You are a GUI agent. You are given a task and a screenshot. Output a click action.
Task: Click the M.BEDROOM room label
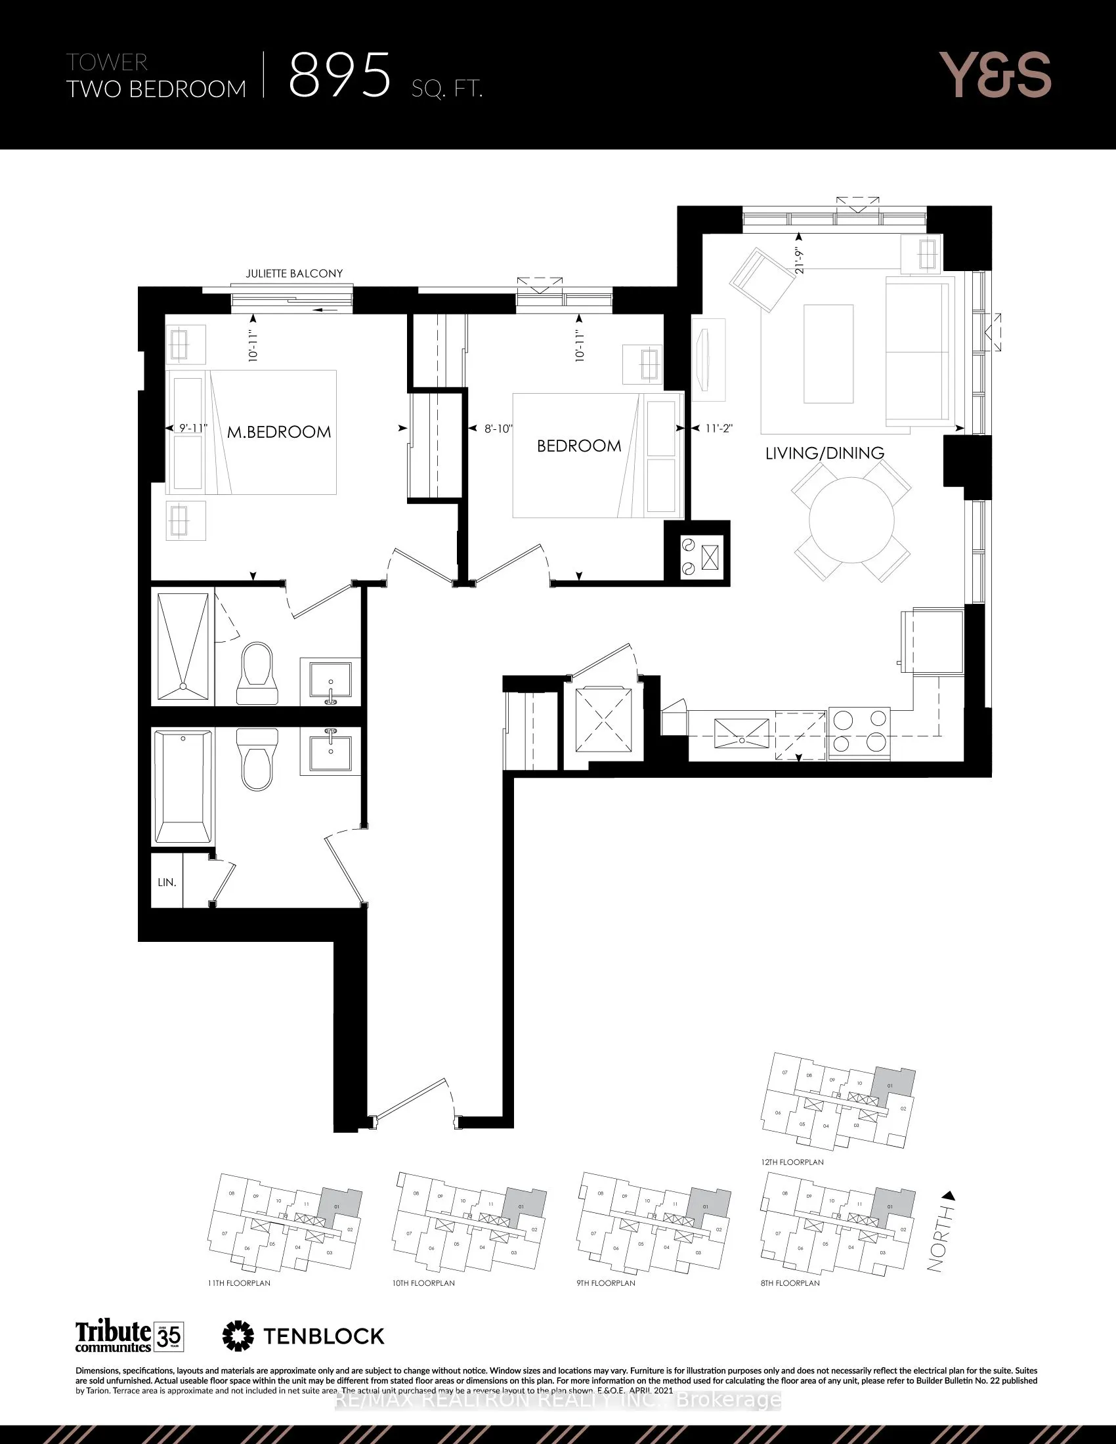pyautogui.click(x=278, y=433)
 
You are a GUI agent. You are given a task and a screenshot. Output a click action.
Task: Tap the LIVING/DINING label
pyautogui.click(x=825, y=453)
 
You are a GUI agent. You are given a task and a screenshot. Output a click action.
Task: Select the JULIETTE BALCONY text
pyautogui.click(x=294, y=273)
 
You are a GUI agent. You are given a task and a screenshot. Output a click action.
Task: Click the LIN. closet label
pyautogui.click(x=167, y=883)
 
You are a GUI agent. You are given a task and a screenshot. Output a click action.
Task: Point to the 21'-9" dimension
pyautogui.click(x=801, y=260)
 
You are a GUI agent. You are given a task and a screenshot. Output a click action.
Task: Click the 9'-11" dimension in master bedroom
pyautogui.click(x=193, y=429)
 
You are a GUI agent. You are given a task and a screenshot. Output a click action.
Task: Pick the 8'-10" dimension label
pyautogui.click(x=498, y=429)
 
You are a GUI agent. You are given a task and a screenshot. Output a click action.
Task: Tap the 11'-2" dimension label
pyautogui.click(x=719, y=429)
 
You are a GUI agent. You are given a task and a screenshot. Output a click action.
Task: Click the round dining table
pyautogui.click(x=851, y=520)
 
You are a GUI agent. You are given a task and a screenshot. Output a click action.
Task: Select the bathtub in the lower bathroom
pyautogui.click(x=182, y=786)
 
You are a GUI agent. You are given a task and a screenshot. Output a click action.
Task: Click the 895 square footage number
pyautogui.click(x=340, y=76)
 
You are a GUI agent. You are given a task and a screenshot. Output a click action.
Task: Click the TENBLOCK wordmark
pyautogui.click(x=323, y=1336)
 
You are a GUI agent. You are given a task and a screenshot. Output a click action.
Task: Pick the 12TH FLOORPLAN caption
pyautogui.click(x=792, y=1162)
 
